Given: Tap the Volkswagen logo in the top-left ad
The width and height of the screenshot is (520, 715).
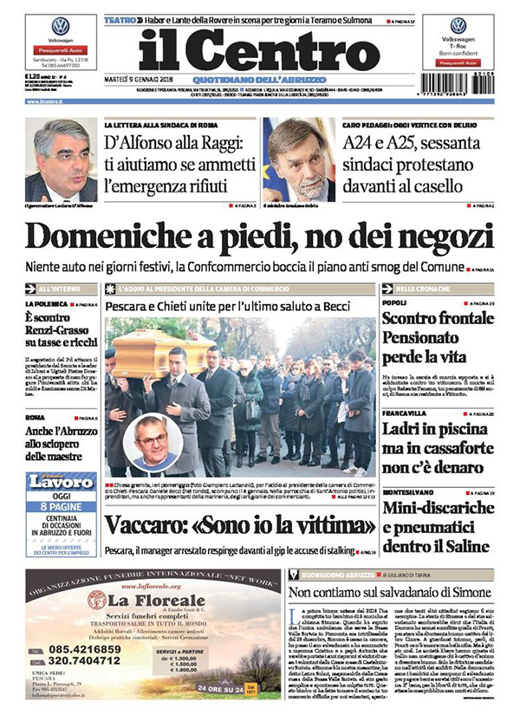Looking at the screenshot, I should (x=60, y=26).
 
